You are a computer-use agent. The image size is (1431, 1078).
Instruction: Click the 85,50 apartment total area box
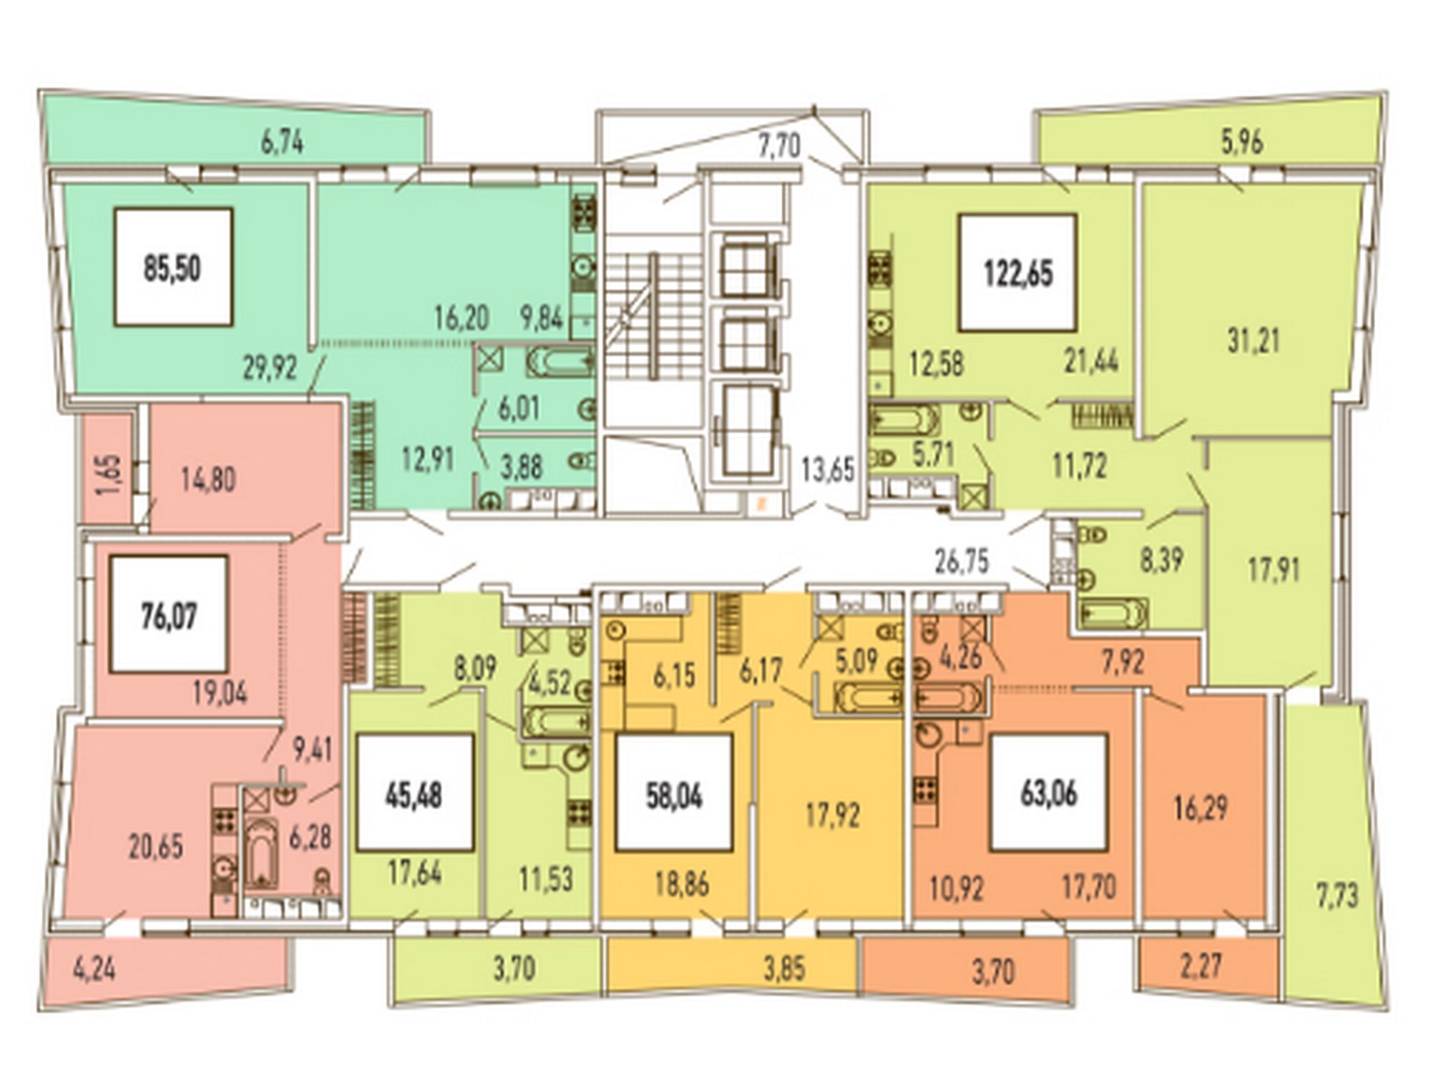coord(173,268)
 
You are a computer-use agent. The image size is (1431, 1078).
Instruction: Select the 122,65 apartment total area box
coord(1018,273)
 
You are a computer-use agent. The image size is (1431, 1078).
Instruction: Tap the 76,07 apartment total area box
coord(169,614)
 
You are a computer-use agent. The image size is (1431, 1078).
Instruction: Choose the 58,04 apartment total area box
coord(674,793)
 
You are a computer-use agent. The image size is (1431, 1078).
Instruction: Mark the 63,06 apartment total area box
coord(1049,793)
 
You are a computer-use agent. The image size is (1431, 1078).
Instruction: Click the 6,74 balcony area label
coord(282,142)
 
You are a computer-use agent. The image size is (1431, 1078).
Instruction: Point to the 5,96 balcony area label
coord(1241,142)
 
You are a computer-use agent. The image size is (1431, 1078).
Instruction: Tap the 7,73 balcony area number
coord(1337,895)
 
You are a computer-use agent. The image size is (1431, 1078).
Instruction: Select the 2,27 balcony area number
coord(1203,966)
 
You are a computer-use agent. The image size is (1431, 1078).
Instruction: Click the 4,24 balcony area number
coord(94,970)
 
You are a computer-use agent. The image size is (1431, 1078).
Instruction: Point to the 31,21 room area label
coord(1254,340)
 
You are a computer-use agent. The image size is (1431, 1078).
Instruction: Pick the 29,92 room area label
coord(270,368)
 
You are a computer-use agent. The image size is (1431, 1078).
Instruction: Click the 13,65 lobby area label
coord(828,470)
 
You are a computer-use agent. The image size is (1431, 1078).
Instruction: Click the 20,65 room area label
coord(155,846)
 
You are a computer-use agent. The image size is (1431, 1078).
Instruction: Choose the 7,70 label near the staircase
coord(779,147)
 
